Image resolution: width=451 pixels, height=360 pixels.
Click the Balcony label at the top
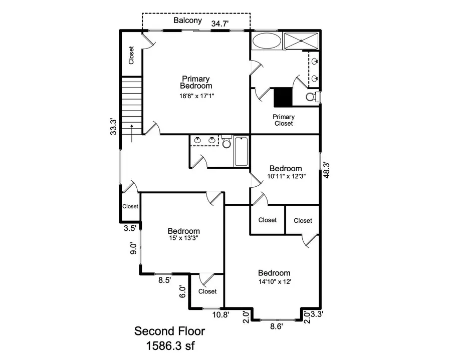(187, 21)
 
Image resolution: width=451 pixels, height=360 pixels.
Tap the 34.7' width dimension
(221, 23)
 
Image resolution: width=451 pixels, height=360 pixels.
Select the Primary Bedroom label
(196, 82)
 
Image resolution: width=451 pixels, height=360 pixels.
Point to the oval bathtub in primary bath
(266, 41)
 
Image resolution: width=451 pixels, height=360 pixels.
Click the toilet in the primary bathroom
(310, 96)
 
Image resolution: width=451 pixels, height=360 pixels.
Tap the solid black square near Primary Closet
(283, 97)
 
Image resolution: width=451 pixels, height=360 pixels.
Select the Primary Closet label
(283, 120)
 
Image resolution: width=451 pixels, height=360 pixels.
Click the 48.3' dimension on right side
(326, 170)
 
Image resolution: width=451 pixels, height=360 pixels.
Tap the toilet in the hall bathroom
(226, 143)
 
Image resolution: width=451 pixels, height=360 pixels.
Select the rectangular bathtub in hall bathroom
(241, 151)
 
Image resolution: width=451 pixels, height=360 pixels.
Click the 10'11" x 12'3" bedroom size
(286, 176)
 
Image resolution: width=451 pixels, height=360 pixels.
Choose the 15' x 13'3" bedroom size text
(183, 238)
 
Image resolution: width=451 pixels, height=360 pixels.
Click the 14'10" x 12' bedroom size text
(274, 281)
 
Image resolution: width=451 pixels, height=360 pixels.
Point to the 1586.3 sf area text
(169, 345)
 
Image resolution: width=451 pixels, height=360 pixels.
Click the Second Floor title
(169, 331)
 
